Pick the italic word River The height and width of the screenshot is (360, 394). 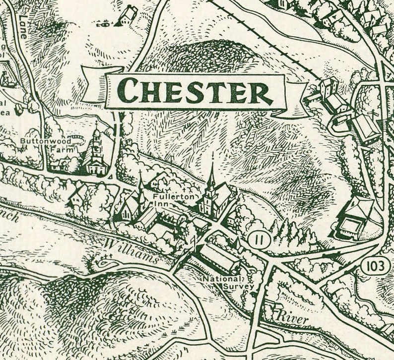tap(293, 318)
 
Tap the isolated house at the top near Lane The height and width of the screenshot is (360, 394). tap(128, 15)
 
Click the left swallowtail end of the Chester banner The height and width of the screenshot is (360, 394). tap(94, 84)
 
